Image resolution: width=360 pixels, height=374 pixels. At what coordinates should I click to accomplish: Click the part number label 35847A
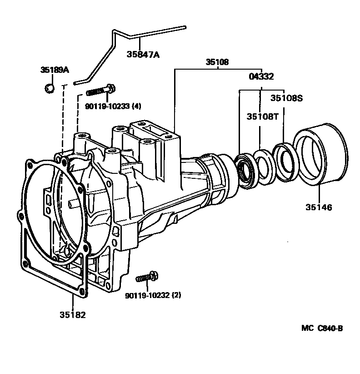click(x=143, y=55)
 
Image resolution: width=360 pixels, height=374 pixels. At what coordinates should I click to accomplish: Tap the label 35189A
click(x=55, y=70)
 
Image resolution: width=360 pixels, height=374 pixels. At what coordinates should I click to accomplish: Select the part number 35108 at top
click(x=217, y=62)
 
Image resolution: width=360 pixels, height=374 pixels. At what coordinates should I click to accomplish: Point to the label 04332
click(x=261, y=76)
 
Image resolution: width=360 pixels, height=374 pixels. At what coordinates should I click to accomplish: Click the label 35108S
click(x=286, y=98)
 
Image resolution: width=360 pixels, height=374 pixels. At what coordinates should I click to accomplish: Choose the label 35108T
click(x=262, y=116)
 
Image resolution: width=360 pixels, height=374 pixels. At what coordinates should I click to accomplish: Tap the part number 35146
click(x=319, y=207)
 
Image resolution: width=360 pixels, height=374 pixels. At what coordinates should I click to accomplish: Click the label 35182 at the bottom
click(x=72, y=315)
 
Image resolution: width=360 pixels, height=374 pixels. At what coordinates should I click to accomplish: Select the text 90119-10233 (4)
click(x=113, y=106)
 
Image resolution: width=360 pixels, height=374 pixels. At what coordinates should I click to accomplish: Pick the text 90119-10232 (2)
click(x=153, y=295)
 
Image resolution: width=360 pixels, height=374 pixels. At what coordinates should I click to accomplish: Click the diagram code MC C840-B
click(x=322, y=328)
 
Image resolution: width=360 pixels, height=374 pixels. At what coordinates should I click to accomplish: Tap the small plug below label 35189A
click(x=50, y=88)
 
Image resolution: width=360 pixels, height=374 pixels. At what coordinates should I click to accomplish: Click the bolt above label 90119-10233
click(x=100, y=91)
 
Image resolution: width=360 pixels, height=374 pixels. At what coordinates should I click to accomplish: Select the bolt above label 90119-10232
click(x=147, y=277)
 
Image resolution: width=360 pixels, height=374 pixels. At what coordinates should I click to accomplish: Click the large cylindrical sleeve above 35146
click(x=320, y=154)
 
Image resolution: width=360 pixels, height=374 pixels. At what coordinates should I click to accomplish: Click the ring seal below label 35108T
click(x=265, y=167)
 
